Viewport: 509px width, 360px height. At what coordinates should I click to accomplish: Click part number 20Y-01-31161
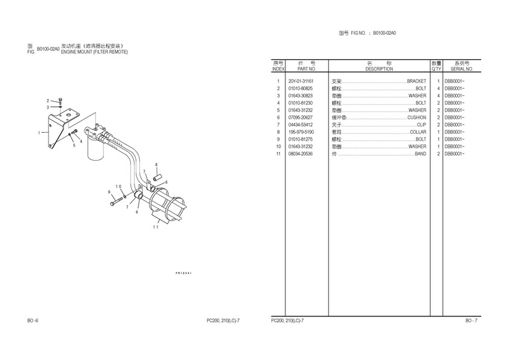[x=301, y=81]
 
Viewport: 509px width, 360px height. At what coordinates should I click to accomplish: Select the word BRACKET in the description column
[x=416, y=81]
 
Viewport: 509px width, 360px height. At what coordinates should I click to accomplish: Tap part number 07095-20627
[x=301, y=118]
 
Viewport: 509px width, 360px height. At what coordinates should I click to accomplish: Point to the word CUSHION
[x=416, y=118]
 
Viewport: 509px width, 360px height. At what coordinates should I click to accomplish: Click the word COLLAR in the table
[x=418, y=132]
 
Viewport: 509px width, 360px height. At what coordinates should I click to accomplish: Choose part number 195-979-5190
[x=301, y=132]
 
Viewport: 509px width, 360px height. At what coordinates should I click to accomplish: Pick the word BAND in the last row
[x=421, y=154]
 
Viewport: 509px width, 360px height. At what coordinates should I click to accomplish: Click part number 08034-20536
[x=301, y=154]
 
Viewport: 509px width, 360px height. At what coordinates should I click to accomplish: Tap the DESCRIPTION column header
[x=379, y=69]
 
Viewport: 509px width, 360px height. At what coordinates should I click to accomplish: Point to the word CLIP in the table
[x=422, y=125]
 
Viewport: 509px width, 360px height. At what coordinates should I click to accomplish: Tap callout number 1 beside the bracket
[x=39, y=132]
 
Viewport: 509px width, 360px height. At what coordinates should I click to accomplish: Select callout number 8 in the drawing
[x=156, y=165]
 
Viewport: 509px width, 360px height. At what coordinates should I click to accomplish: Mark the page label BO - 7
[x=471, y=320]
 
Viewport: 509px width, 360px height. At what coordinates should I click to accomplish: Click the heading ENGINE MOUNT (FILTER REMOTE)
[x=95, y=52]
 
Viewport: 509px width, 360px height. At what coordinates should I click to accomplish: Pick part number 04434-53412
[x=301, y=125]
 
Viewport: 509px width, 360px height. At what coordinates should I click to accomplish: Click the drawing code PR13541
[x=184, y=273]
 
